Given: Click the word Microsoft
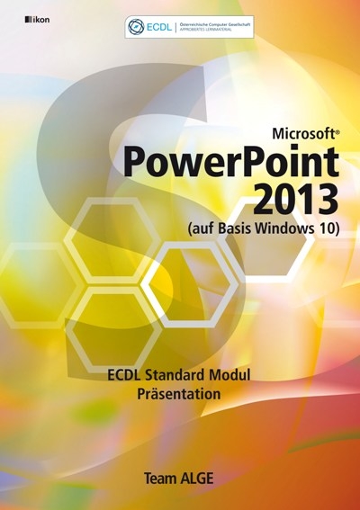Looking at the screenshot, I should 300,131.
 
